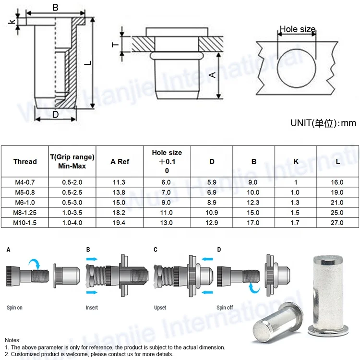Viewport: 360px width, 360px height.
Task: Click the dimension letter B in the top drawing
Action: (x=55, y=7)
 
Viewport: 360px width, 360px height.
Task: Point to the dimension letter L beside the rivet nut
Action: (x=86, y=62)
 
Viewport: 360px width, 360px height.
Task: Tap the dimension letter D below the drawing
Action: (x=55, y=114)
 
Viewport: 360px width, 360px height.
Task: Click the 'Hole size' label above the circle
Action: (x=297, y=29)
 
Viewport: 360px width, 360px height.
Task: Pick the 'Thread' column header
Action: (x=25, y=161)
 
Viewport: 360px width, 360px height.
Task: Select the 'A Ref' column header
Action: (x=120, y=161)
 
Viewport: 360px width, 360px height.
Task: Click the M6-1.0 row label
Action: (x=25, y=203)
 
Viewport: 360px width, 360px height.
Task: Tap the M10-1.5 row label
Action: (x=25, y=223)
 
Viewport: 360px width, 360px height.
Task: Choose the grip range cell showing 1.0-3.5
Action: (x=72, y=213)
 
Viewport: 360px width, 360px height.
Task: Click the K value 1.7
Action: (x=296, y=223)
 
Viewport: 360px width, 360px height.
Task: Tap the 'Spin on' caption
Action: (x=14, y=307)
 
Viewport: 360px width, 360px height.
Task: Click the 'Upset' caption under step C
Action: (x=160, y=307)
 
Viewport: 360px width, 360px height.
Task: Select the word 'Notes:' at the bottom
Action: (x=13, y=339)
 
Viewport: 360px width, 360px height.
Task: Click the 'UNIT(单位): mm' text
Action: (x=323, y=123)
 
